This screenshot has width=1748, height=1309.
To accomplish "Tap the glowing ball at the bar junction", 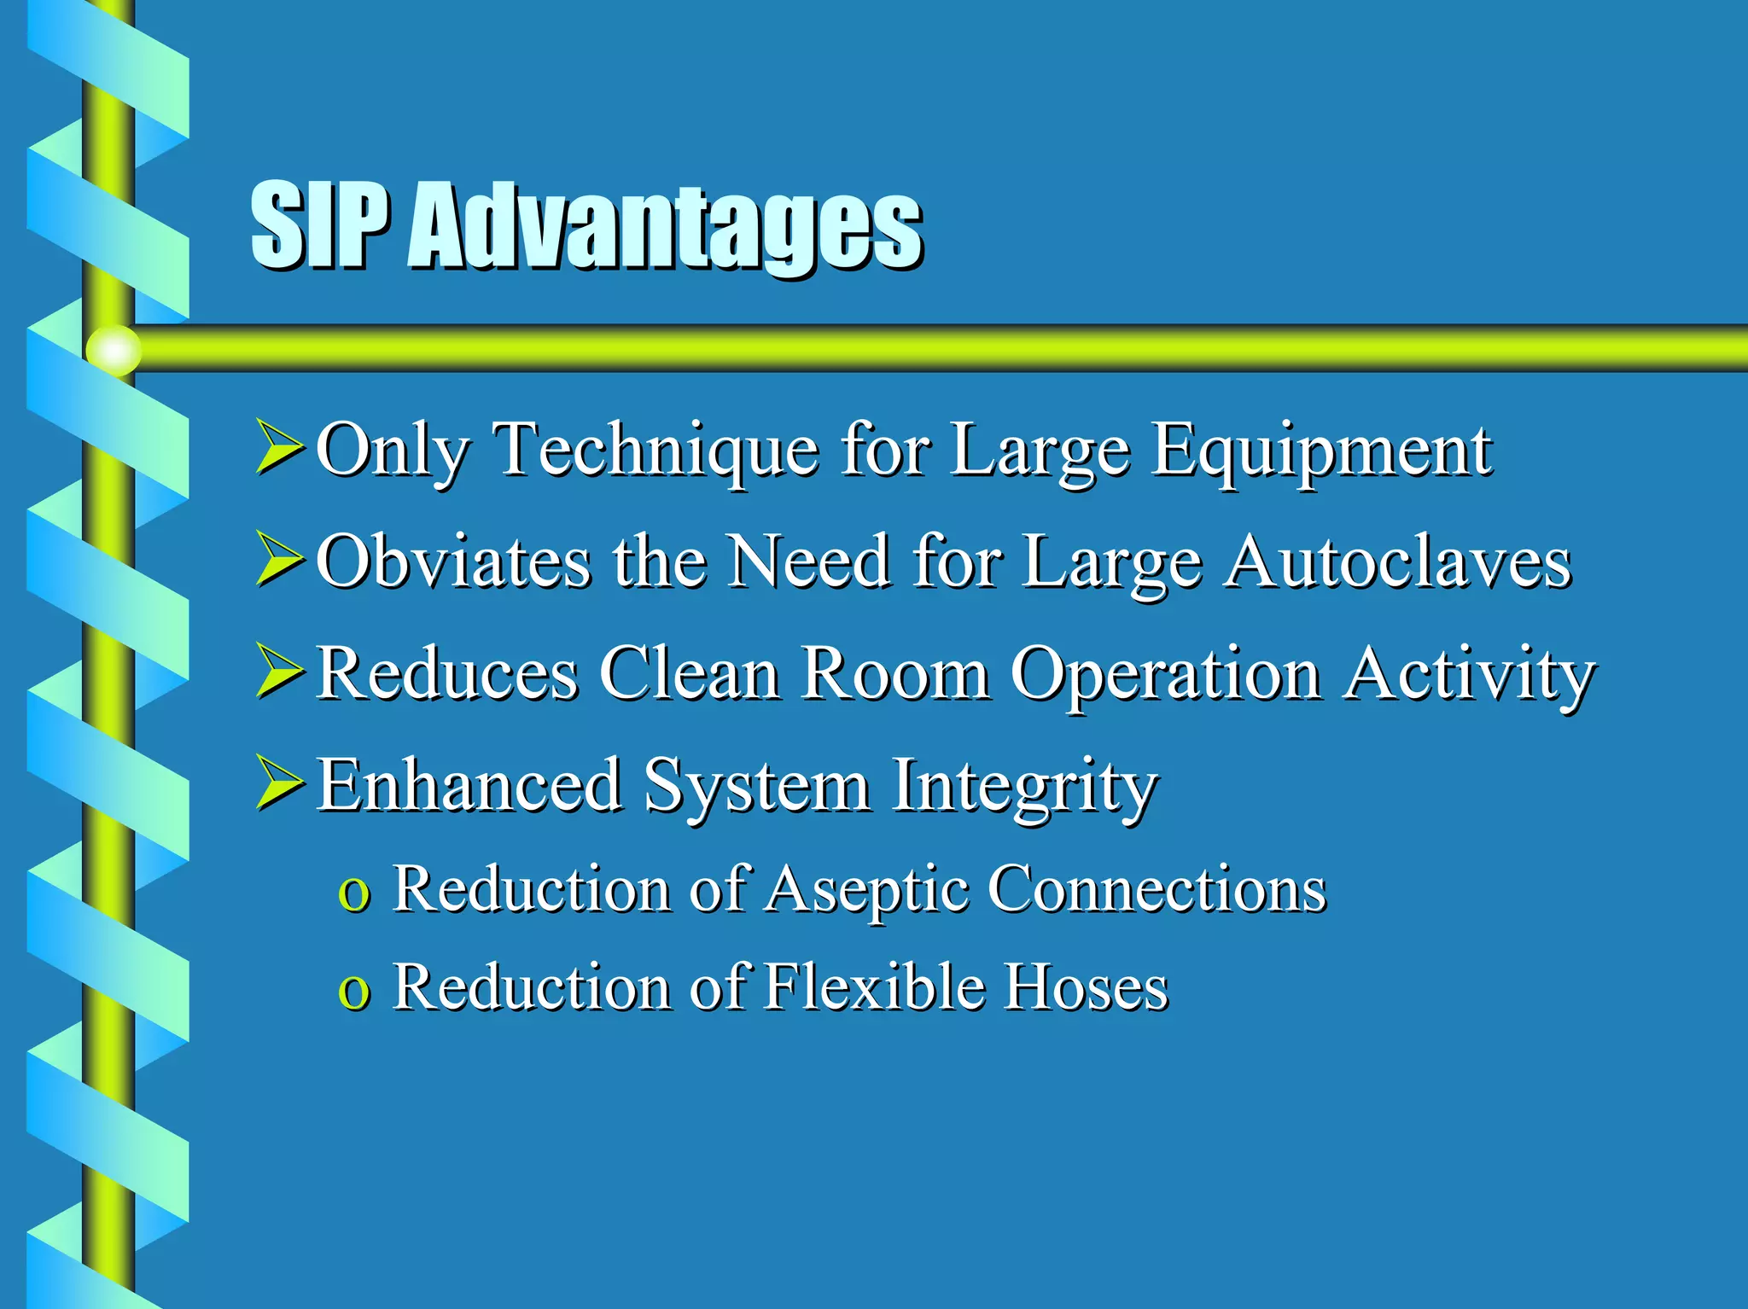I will point(114,350).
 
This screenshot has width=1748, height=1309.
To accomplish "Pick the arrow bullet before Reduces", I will point(280,672).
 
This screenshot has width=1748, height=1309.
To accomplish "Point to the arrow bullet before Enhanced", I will point(280,784).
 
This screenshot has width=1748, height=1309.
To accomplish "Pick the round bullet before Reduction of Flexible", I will point(353,992).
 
